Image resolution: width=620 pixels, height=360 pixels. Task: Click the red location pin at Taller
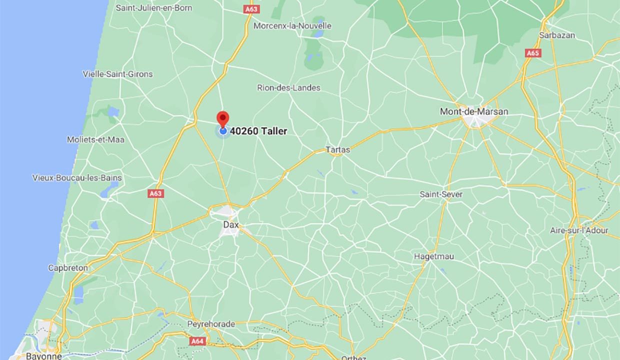point(222,118)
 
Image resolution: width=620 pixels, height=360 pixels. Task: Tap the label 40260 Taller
point(258,131)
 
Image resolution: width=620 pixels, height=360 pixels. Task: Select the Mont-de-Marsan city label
point(473,111)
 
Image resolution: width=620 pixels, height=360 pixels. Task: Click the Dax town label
point(230,224)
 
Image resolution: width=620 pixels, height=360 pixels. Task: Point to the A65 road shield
point(533,52)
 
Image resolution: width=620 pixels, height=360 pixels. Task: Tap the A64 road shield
point(198,341)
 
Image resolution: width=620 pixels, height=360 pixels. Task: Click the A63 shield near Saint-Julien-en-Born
point(251,9)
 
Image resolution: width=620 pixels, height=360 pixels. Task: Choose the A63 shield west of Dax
point(156,193)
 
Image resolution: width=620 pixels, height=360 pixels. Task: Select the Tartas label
point(338,149)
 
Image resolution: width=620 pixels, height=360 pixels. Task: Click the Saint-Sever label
point(441,194)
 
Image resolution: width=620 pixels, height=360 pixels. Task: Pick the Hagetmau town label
point(434,256)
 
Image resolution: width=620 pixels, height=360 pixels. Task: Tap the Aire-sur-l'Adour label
point(579,230)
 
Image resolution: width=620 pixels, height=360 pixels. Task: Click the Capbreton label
point(68,268)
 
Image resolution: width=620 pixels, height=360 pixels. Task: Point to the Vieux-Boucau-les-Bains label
point(77,177)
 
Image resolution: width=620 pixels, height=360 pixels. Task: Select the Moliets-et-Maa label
point(95,139)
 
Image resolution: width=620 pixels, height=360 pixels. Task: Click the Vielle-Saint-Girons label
point(117,74)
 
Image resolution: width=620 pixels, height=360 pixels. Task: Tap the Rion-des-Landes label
point(288,87)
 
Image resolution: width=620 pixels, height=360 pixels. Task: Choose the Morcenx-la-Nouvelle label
point(292,25)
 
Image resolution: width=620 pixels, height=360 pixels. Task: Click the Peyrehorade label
point(211,324)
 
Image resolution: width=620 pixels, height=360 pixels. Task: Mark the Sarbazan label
point(557,35)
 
